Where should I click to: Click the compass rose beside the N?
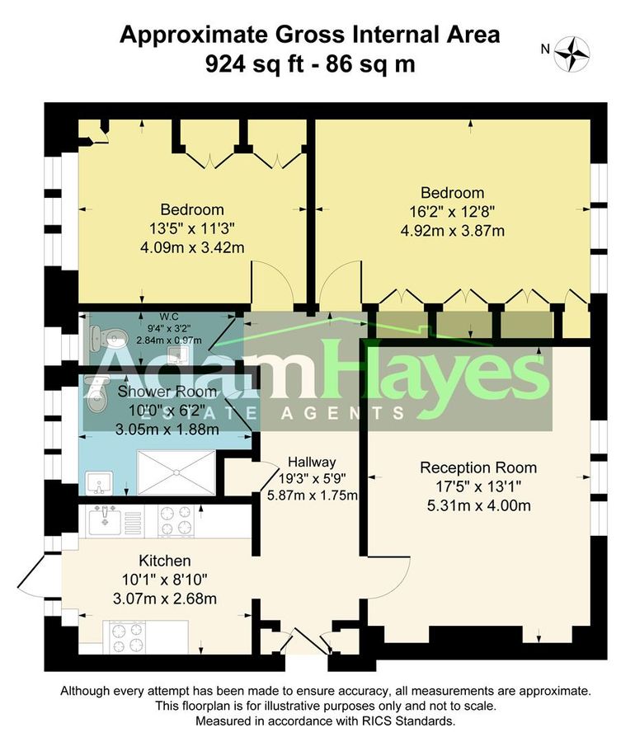[x=572, y=52]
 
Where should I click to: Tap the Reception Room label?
[x=477, y=467]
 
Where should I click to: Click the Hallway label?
[x=311, y=462]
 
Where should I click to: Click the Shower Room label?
[x=167, y=391]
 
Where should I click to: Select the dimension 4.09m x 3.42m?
[x=192, y=246]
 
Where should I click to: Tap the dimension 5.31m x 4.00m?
[x=477, y=505]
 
